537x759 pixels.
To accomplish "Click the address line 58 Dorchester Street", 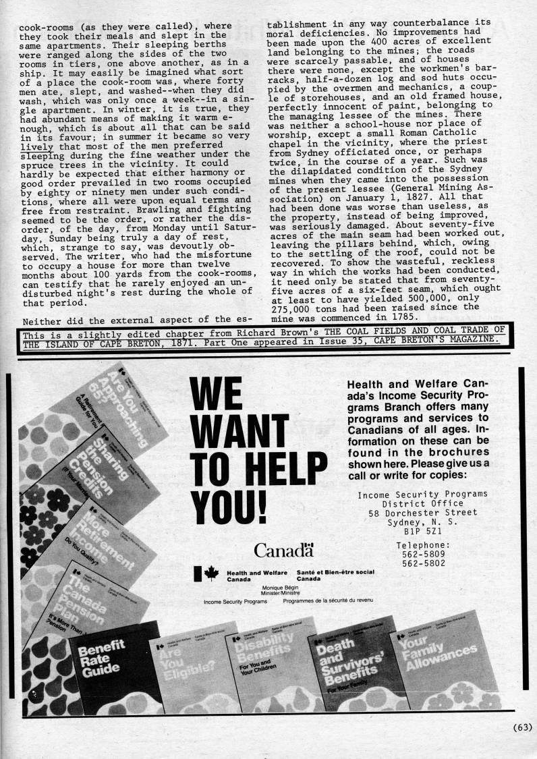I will [x=422, y=513].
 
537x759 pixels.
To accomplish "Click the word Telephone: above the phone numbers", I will [x=422, y=545].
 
